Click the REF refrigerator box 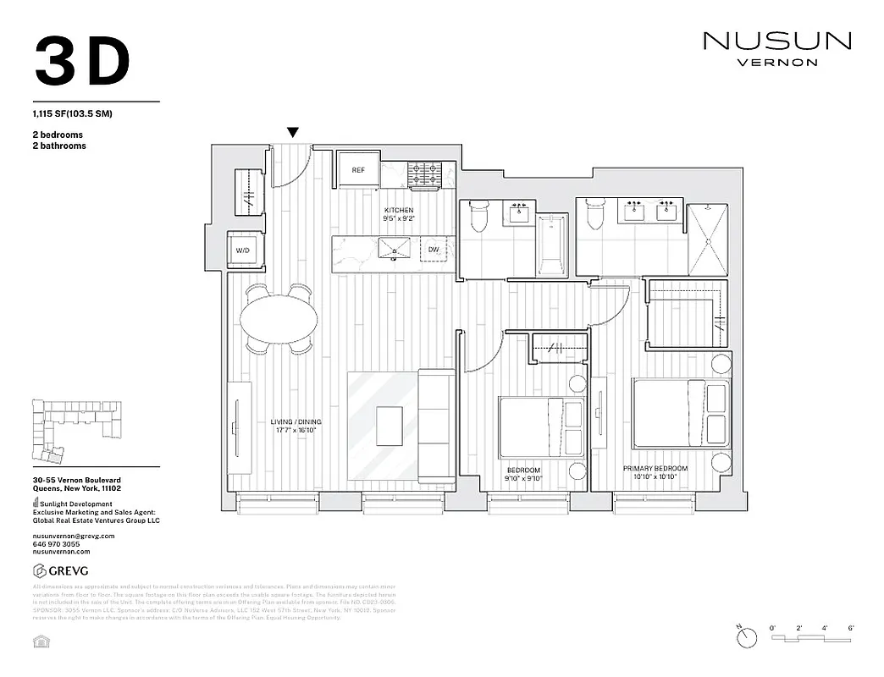358,170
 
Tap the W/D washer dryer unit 243,250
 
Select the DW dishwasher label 434,250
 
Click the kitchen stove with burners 426,175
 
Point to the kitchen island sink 394,249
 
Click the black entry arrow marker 293,132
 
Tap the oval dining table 279,320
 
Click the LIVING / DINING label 296,426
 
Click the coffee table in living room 390,426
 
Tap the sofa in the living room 437,427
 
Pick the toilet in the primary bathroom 595,217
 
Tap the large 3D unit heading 83,61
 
